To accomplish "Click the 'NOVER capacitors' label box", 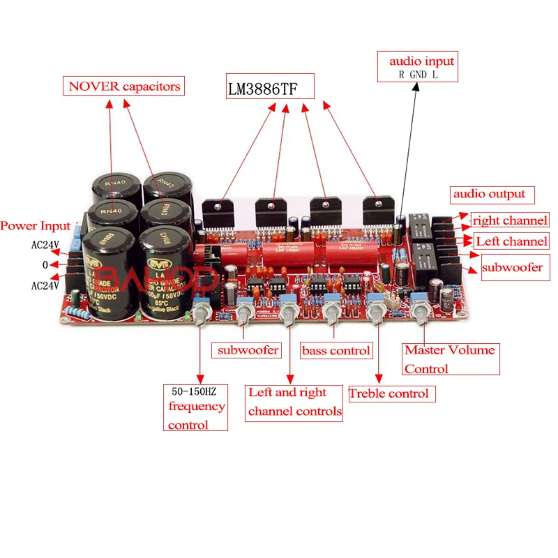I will (124, 86).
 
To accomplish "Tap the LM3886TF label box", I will (269, 89).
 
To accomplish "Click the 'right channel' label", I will (510, 220).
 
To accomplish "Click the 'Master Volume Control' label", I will (450, 359).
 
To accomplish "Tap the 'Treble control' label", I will (391, 393).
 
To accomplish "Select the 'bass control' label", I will (336, 350).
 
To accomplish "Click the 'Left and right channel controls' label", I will (294, 402).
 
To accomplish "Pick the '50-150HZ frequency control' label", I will (196, 407).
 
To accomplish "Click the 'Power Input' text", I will (35, 226).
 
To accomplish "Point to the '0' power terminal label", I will (44, 265).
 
